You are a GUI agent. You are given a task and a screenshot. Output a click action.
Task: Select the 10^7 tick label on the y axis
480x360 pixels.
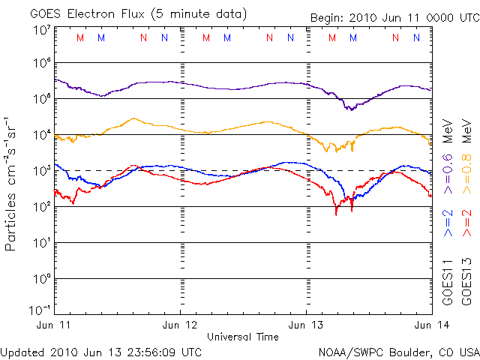click(x=41, y=31)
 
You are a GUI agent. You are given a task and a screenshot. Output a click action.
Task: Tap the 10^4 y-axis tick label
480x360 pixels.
click(x=41, y=135)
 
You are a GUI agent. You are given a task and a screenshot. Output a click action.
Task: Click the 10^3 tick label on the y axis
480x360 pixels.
click(x=41, y=171)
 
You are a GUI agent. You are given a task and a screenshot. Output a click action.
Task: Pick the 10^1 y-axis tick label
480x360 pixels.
click(x=41, y=243)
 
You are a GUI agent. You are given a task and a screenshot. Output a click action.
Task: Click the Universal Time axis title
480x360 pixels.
click(x=242, y=337)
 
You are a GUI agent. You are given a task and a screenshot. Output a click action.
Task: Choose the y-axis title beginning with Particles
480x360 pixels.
click(x=12, y=184)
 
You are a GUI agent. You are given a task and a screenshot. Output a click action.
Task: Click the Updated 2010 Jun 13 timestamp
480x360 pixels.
click(x=100, y=351)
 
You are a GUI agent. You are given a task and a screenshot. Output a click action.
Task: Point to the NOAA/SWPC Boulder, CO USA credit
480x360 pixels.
click(x=398, y=351)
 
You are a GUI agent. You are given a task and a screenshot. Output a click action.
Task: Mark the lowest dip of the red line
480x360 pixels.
click(x=336, y=214)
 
